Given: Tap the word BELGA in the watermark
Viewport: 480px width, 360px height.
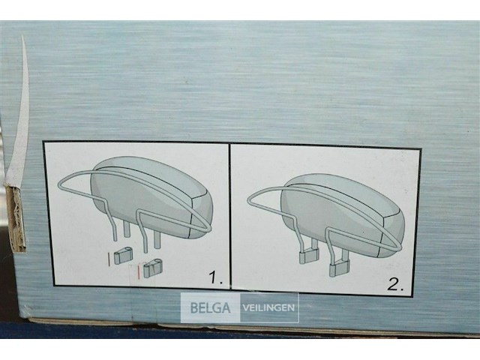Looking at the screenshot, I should point(211,307).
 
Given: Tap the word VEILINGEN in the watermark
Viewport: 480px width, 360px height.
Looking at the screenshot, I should point(268,307).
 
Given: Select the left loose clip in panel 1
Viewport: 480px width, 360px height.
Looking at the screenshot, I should point(123,256).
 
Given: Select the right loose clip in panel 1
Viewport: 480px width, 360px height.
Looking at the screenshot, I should point(154,266).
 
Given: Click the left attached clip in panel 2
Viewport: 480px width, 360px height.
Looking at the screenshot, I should point(307,255).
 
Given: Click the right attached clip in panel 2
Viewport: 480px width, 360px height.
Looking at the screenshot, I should point(338,263).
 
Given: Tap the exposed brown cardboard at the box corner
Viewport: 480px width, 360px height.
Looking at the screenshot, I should point(16,217).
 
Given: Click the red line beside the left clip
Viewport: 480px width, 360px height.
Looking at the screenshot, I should point(109,258).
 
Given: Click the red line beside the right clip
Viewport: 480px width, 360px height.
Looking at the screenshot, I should point(139,268).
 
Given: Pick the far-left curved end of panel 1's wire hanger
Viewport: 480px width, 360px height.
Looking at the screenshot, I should point(60,187).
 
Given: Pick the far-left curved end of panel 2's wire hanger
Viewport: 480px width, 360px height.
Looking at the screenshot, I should point(250,199).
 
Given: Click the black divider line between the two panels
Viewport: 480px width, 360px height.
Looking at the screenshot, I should point(229,217).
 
